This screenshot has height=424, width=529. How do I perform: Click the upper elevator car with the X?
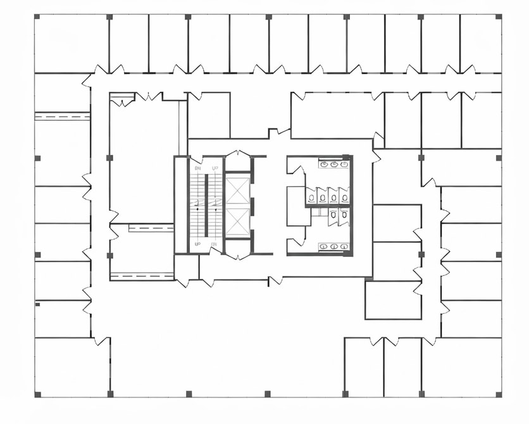point(238,190)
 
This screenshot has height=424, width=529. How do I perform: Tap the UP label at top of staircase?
point(215,168)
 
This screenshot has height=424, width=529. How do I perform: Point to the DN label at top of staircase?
point(198,168)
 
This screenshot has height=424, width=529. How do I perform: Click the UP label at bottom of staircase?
point(198,244)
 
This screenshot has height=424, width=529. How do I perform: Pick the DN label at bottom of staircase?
point(215,244)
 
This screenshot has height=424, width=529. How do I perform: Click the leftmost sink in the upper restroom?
point(323,165)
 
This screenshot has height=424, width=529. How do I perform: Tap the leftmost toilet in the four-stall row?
point(312,197)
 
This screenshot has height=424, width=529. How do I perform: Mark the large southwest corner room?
point(72,367)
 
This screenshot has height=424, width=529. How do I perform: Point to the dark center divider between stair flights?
point(206,206)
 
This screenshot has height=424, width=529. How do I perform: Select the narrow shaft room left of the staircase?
point(181,204)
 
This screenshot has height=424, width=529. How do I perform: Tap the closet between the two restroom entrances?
point(297,206)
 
